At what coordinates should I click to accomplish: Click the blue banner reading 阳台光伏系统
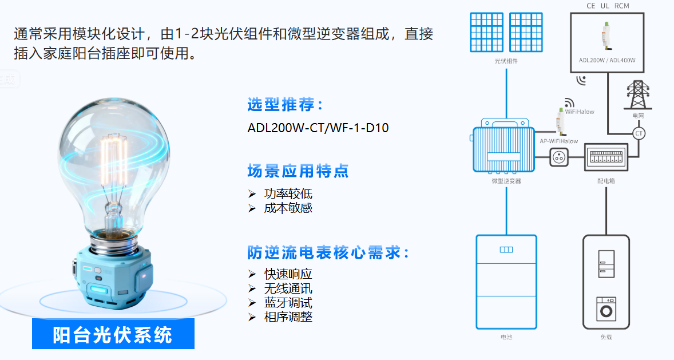point(113,334)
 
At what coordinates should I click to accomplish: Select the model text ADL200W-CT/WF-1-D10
point(318,128)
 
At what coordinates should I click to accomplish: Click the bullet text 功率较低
point(288,194)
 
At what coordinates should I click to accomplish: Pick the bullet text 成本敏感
point(288,208)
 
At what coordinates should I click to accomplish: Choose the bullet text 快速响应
point(288,274)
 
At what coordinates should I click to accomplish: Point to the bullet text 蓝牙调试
point(288,303)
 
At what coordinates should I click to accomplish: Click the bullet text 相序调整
point(288,317)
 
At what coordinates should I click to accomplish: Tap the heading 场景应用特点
point(298,171)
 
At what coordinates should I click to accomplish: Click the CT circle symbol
point(639,133)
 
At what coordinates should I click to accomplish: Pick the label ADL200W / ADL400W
point(607,60)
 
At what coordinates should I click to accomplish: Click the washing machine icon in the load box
point(606,308)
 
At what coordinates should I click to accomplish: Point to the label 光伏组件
point(506,61)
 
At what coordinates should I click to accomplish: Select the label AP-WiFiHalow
point(559,141)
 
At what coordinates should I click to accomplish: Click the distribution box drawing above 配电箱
point(606,157)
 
